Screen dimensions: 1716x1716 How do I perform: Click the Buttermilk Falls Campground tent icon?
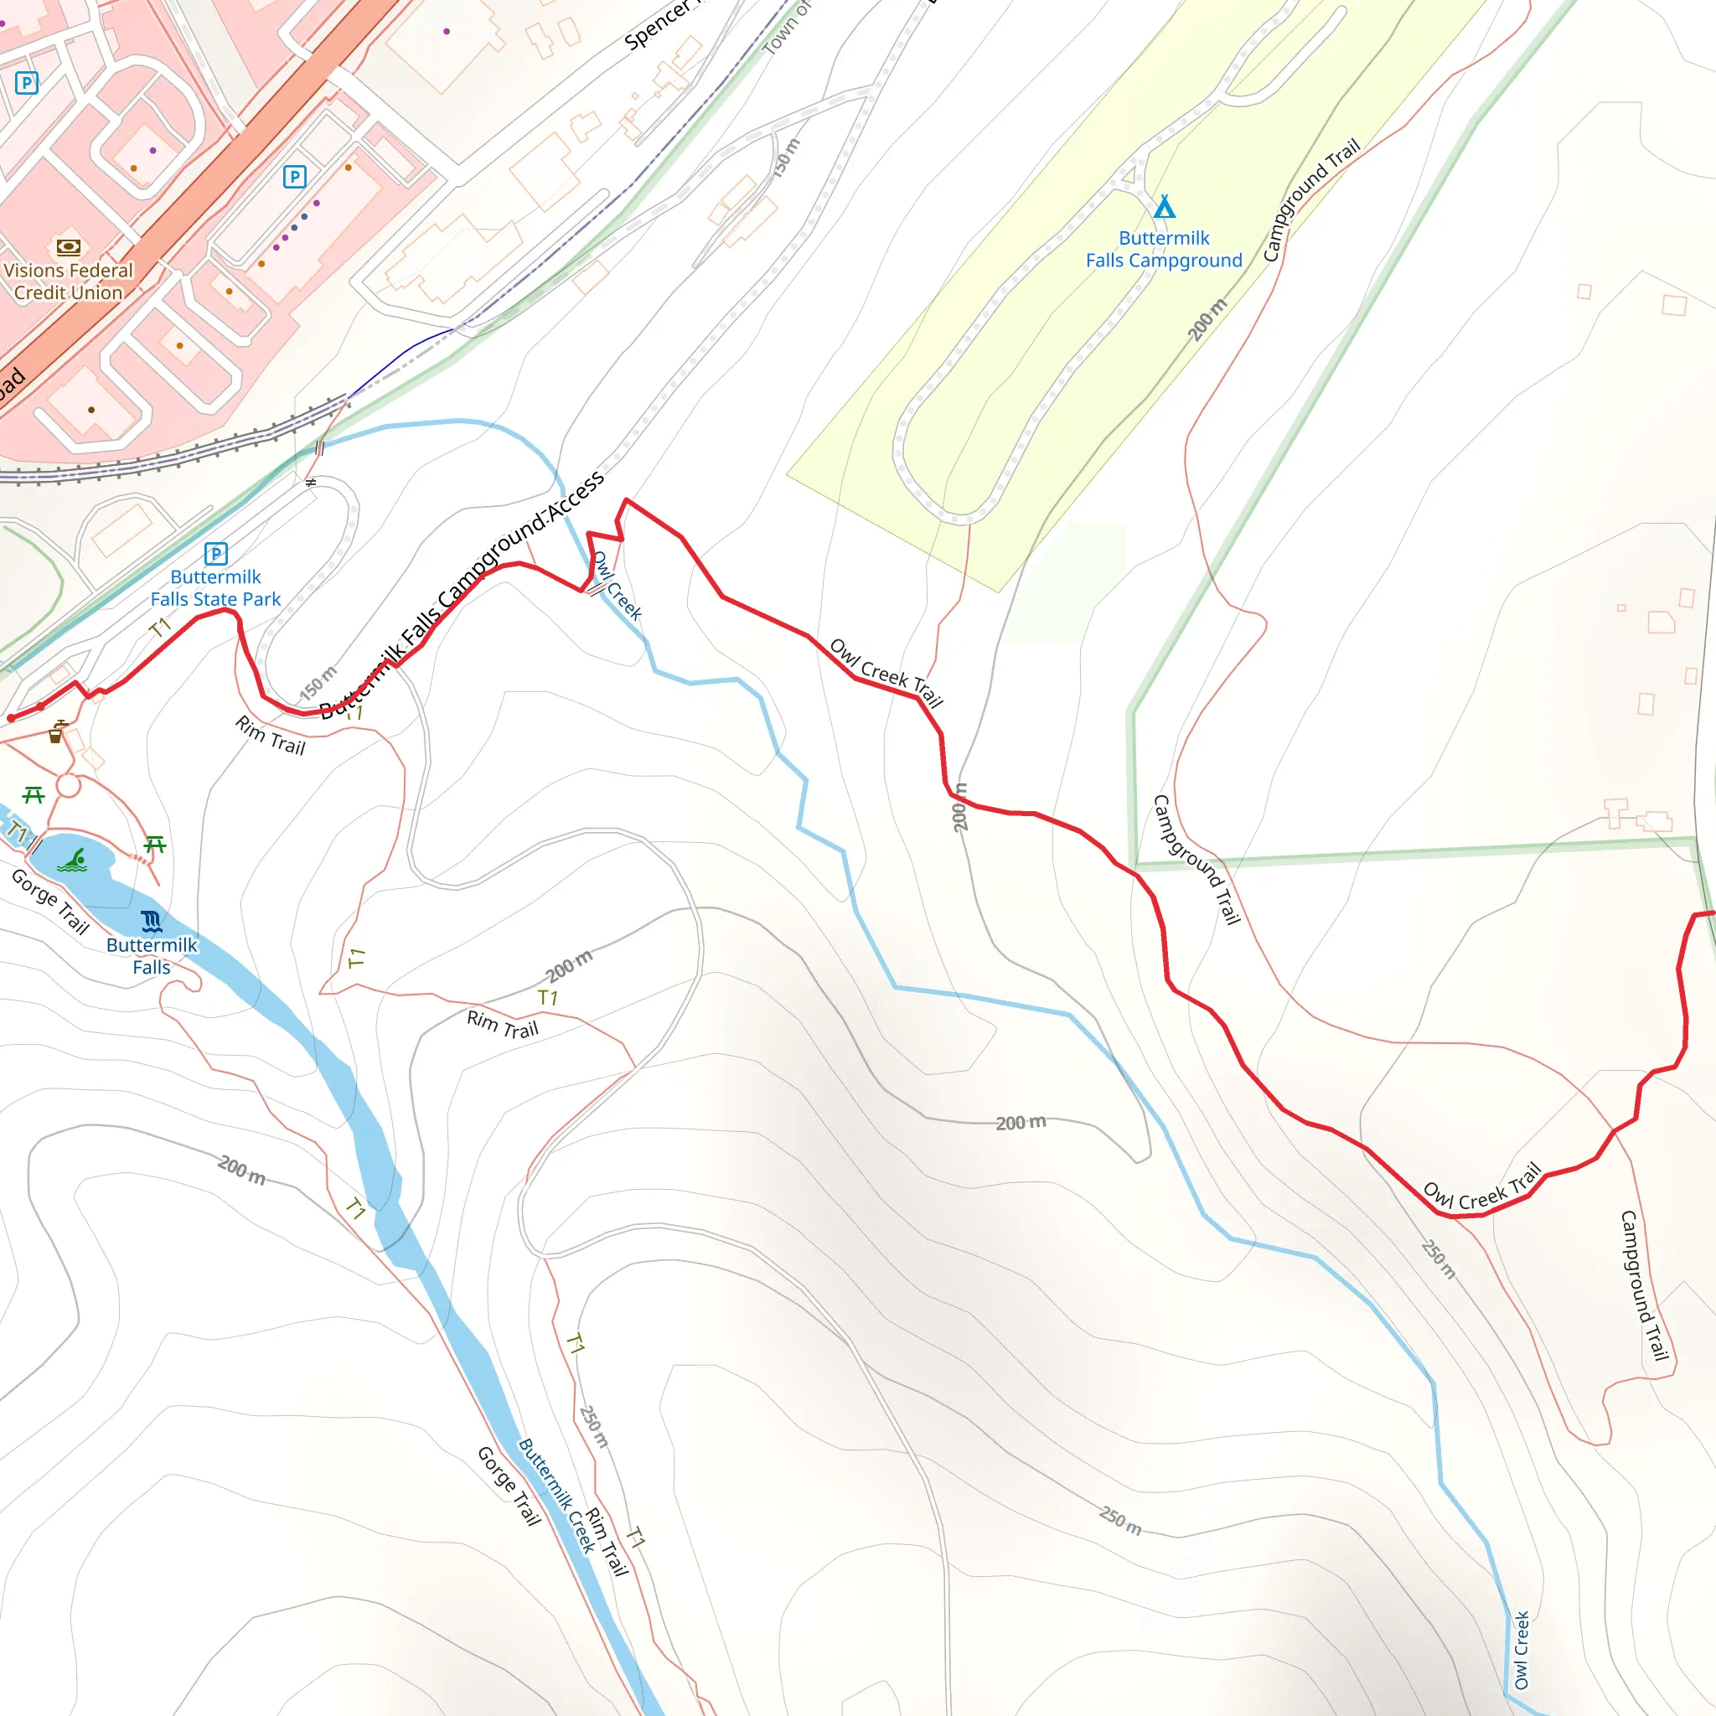click(x=1164, y=208)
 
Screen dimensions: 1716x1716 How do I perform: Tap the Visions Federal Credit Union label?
click(x=69, y=282)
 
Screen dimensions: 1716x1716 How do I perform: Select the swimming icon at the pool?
click(x=73, y=861)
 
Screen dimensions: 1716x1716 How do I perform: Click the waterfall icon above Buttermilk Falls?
click(x=152, y=920)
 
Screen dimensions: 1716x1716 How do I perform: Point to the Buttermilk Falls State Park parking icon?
click(x=216, y=554)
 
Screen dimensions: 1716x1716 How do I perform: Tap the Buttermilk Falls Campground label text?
click(x=1164, y=250)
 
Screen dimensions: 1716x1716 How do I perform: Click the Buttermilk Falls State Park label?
click(x=216, y=588)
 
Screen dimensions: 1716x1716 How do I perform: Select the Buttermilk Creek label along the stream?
click(x=557, y=1495)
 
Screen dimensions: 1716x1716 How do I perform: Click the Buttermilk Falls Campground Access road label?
click(x=462, y=595)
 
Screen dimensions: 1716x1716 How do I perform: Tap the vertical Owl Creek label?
click(x=1522, y=1651)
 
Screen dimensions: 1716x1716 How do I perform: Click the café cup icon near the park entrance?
click(x=56, y=733)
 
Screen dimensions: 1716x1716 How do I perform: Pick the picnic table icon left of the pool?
click(x=34, y=795)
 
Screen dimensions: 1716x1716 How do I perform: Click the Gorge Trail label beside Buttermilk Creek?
click(x=509, y=1486)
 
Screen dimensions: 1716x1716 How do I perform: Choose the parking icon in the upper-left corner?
click(x=27, y=84)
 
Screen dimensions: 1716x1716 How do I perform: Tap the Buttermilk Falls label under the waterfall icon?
click(x=152, y=956)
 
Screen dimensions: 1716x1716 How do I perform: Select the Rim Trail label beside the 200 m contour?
click(x=503, y=1024)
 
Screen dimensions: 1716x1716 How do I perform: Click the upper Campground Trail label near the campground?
click(x=1311, y=200)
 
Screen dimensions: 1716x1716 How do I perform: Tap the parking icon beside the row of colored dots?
click(x=295, y=177)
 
